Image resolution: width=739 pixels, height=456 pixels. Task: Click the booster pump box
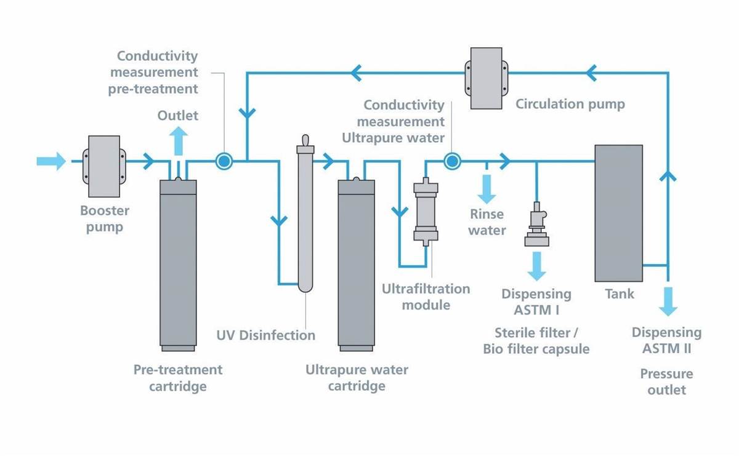click(x=104, y=166)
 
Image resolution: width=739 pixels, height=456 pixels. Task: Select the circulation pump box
click(x=487, y=78)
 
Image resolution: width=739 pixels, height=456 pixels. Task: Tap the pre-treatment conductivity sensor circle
click(x=224, y=161)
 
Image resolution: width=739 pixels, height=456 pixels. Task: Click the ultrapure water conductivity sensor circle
click(x=452, y=161)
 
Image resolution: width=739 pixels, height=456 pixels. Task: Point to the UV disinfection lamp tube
click(x=305, y=214)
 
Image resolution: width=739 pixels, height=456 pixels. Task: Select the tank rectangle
click(x=618, y=214)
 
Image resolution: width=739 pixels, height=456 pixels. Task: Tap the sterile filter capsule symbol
click(x=537, y=224)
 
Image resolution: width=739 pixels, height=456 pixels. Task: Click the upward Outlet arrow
click(x=179, y=141)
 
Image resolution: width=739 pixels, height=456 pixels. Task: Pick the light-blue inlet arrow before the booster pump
click(x=51, y=161)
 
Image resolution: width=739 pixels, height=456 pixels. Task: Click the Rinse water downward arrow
click(x=487, y=189)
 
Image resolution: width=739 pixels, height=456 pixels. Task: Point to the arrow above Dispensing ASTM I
click(x=537, y=266)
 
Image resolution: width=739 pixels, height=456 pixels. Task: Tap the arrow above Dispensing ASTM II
click(x=668, y=302)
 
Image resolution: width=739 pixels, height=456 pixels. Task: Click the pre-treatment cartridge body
click(x=178, y=265)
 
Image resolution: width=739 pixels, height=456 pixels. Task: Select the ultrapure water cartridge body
click(x=357, y=265)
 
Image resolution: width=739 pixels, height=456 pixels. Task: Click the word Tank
click(x=620, y=294)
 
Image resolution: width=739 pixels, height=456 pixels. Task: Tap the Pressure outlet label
click(x=667, y=382)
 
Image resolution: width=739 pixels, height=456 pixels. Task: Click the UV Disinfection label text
click(x=266, y=335)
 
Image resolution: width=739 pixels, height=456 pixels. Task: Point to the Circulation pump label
click(x=570, y=104)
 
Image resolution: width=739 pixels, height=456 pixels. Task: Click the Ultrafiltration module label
click(x=426, y=297)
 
